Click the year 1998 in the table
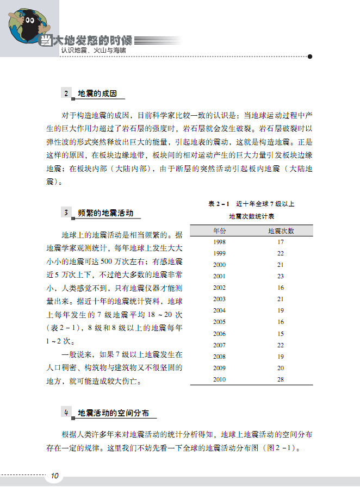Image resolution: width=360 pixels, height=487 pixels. click(220, 242)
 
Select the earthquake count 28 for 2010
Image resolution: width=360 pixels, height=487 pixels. click(281, 379)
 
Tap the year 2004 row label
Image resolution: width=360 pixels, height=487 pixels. click(220, 310)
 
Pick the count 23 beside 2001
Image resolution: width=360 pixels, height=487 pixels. click(281, 276)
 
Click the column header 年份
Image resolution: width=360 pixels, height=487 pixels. click(220, 230)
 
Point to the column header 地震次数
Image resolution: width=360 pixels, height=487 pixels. click(281, 230)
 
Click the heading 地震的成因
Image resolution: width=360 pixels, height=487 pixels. click(98, 93)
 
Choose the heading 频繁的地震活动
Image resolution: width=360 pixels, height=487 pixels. click(105, 213)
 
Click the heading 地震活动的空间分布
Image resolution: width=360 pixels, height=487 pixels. click(114, 413)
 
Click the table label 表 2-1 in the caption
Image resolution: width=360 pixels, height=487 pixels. click(219, 204)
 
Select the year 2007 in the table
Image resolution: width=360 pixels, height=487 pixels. click(220, 345)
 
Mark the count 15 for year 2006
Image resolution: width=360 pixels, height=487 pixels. click(281, 334)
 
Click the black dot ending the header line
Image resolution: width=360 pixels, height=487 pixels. click(310, 56)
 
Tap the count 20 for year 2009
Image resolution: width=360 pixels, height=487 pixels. click(281, 368)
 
